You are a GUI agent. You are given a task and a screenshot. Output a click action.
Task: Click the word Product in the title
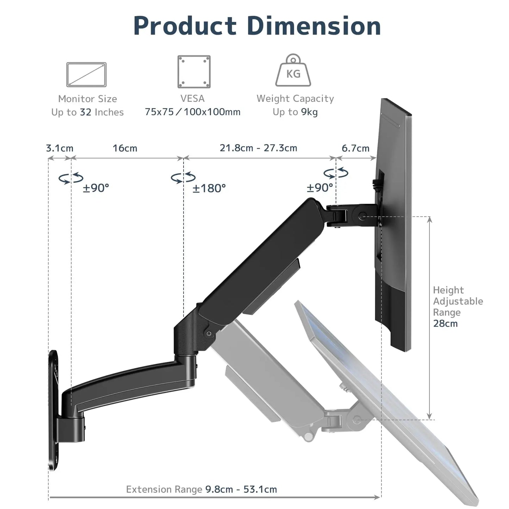(x=185, y=26)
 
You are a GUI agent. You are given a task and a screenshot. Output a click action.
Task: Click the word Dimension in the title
(x=314, y=26)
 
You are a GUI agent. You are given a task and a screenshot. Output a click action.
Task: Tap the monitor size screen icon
(x=86, y=74)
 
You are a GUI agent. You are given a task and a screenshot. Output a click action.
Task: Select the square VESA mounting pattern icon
(x=194, y=72)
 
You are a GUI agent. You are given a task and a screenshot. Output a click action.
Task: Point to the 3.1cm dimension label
(x=60, y=148)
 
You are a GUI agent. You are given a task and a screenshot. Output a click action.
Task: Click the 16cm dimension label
(x=125, y=148)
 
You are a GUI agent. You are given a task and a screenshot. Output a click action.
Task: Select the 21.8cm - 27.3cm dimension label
(x=258, y=148)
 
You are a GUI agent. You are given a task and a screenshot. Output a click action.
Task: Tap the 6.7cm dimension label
(x=355, y=148)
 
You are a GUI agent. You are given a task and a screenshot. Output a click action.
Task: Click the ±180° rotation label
(x=209, y=188)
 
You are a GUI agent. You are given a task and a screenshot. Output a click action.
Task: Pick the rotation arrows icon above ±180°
(x=183, y=177)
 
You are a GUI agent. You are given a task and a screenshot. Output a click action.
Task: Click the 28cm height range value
(x=445, y=323)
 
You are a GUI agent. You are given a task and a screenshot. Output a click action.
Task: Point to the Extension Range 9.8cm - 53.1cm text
(x=201, y=489)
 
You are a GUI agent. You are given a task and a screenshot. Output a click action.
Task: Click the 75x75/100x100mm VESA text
(x=192, y=112)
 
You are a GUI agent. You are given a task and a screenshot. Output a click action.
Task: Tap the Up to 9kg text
(x=295, y=112)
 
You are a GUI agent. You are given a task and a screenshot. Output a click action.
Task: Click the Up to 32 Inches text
(x=87, y=112)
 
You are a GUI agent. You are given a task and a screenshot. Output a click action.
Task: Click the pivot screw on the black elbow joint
(x=209, y=333)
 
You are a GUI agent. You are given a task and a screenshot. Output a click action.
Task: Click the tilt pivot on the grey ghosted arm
(x=357, y=420)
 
